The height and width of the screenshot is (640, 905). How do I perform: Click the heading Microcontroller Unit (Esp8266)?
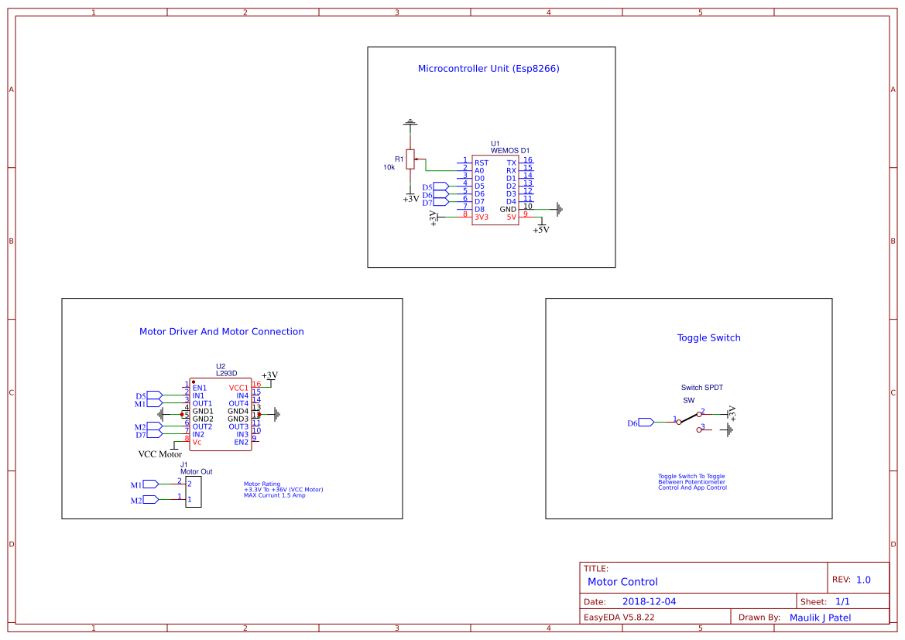(x=488, y=68)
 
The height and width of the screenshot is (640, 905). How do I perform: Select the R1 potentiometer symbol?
(x=410, y=159)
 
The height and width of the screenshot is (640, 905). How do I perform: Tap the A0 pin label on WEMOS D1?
(x=480, y=170)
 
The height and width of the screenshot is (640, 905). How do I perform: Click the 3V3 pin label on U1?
(x=482, y=217)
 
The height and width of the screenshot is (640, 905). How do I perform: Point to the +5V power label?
(x=540, y=230)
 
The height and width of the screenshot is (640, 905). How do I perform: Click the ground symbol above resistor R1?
(x=410, y=123)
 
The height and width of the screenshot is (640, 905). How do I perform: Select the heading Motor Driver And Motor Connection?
(x=221, y=331)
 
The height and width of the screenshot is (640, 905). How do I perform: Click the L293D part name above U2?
(x=227, y=374)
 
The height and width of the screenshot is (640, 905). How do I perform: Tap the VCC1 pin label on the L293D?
(x=238, y=388)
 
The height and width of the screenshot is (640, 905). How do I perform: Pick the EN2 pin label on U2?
(x=241, y=442)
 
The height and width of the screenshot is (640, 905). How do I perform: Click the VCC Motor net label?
(x=160, y=454)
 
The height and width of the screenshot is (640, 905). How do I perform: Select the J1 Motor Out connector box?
(x=193, y=491)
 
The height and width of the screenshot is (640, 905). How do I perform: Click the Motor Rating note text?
(x=283, y=489)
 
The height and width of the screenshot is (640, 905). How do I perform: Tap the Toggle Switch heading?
(x=708, y=337)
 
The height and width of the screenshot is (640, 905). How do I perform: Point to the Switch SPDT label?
(x=701, y=388)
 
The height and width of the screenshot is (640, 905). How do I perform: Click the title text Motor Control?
(x=622, y=581)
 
